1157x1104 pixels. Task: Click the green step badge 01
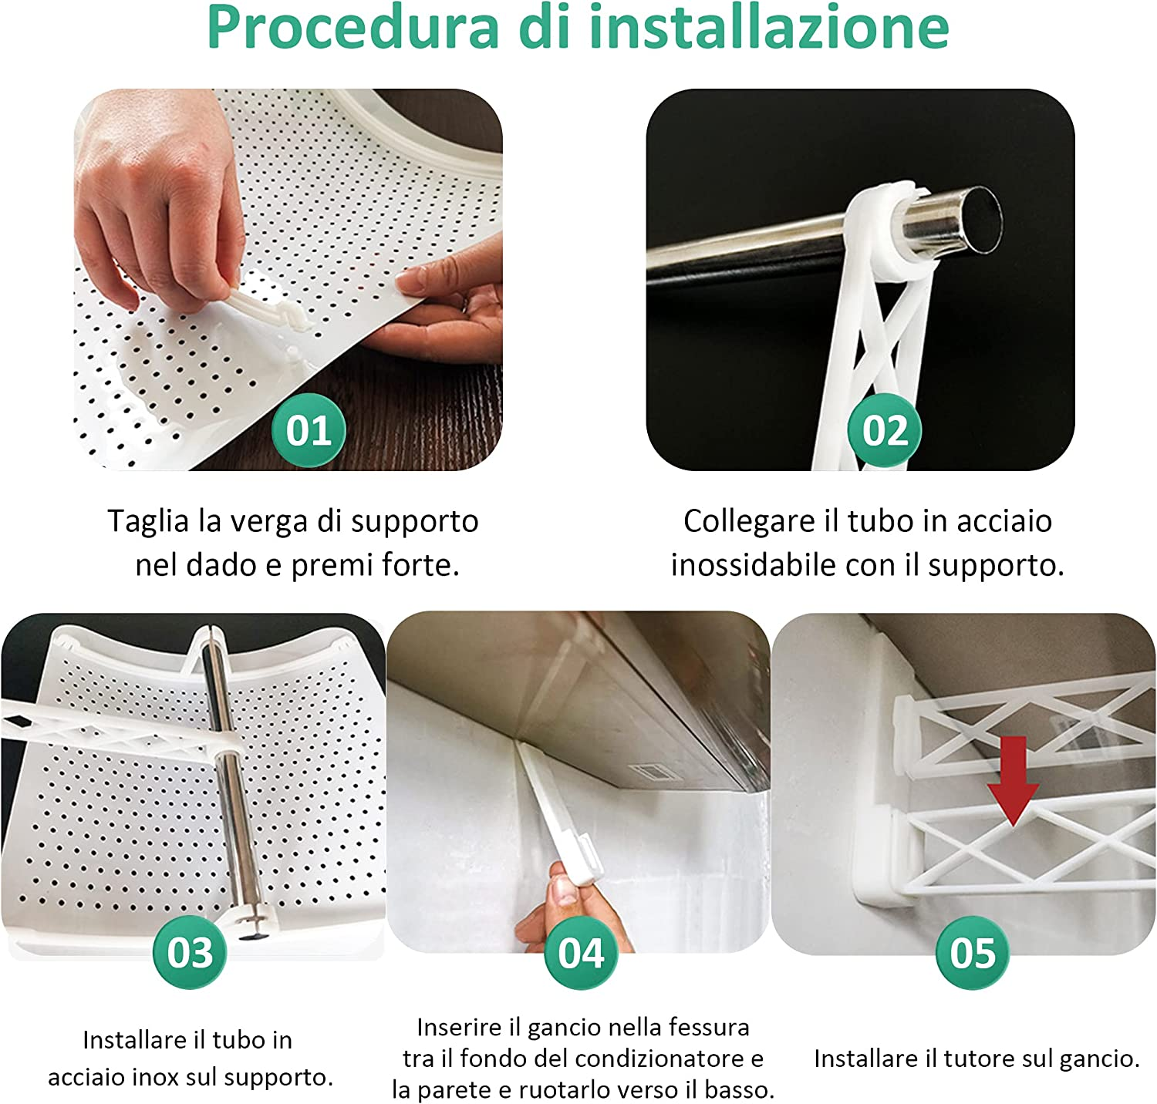click(x=309, y=430)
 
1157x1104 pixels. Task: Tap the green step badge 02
click(x=885, y=430)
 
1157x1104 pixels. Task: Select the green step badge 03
click(x=190, y=952)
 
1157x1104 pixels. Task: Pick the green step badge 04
click(x=582, y=952)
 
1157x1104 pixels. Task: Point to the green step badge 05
click(x=973, y=952)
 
